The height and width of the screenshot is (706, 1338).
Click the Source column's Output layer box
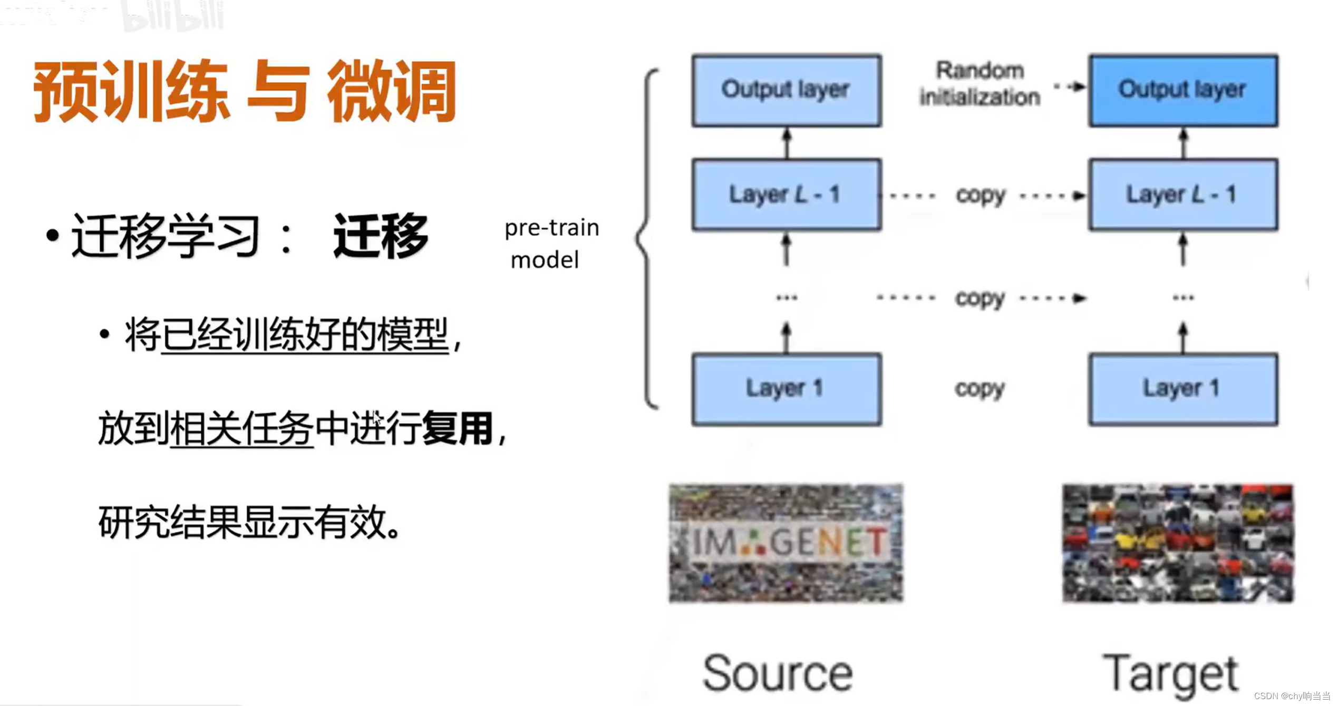787,90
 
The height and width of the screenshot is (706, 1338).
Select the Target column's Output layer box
1183,90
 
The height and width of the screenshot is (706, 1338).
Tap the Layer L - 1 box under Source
787,194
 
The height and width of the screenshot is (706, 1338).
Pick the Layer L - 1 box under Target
1183,194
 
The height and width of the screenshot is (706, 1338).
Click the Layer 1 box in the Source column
787,389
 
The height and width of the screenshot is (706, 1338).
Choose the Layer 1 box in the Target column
1183,389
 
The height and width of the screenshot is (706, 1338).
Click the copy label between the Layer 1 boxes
980,389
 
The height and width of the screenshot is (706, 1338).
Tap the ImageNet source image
786,543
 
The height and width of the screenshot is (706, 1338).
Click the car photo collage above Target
1178,543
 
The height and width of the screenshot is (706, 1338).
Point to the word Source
778,673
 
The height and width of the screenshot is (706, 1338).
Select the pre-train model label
551,243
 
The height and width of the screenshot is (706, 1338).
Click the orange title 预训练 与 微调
245,92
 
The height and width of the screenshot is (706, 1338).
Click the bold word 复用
457,428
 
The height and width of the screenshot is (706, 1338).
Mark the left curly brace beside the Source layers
647,238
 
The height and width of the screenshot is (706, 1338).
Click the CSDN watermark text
1291,696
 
